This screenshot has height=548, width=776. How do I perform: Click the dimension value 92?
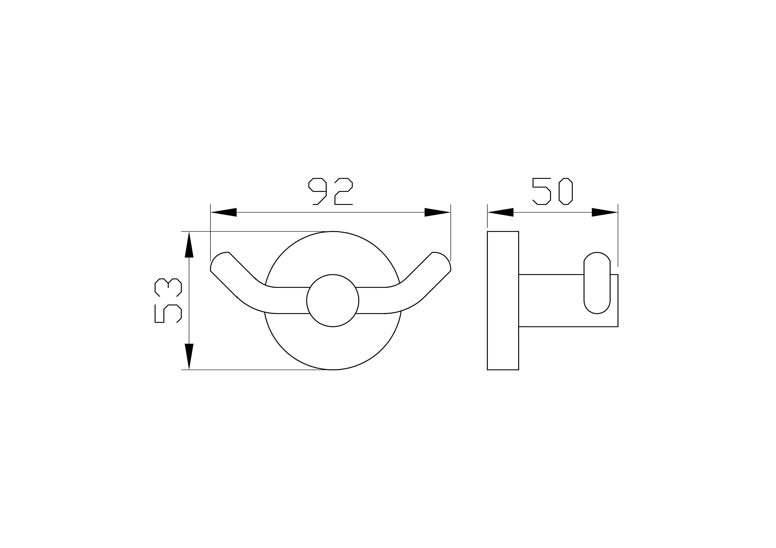point(330,191)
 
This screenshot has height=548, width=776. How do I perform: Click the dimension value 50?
point(552,191)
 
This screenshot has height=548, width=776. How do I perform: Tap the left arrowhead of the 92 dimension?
point(223,212)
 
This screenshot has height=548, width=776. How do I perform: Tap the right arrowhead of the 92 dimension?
point(437,212)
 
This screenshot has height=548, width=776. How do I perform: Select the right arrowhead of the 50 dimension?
point(604,212)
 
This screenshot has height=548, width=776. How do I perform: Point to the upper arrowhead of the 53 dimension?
point(189,244)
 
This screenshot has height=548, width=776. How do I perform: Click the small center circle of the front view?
point(332,300)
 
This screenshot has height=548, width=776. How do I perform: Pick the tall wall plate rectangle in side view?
point(503,300)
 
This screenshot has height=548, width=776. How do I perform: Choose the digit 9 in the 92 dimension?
point(318,191)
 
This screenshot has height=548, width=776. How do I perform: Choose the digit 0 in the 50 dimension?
point(565,191)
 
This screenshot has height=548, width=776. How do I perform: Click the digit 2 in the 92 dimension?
point(343,191)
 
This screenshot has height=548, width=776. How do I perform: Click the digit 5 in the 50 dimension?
point(542,191)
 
